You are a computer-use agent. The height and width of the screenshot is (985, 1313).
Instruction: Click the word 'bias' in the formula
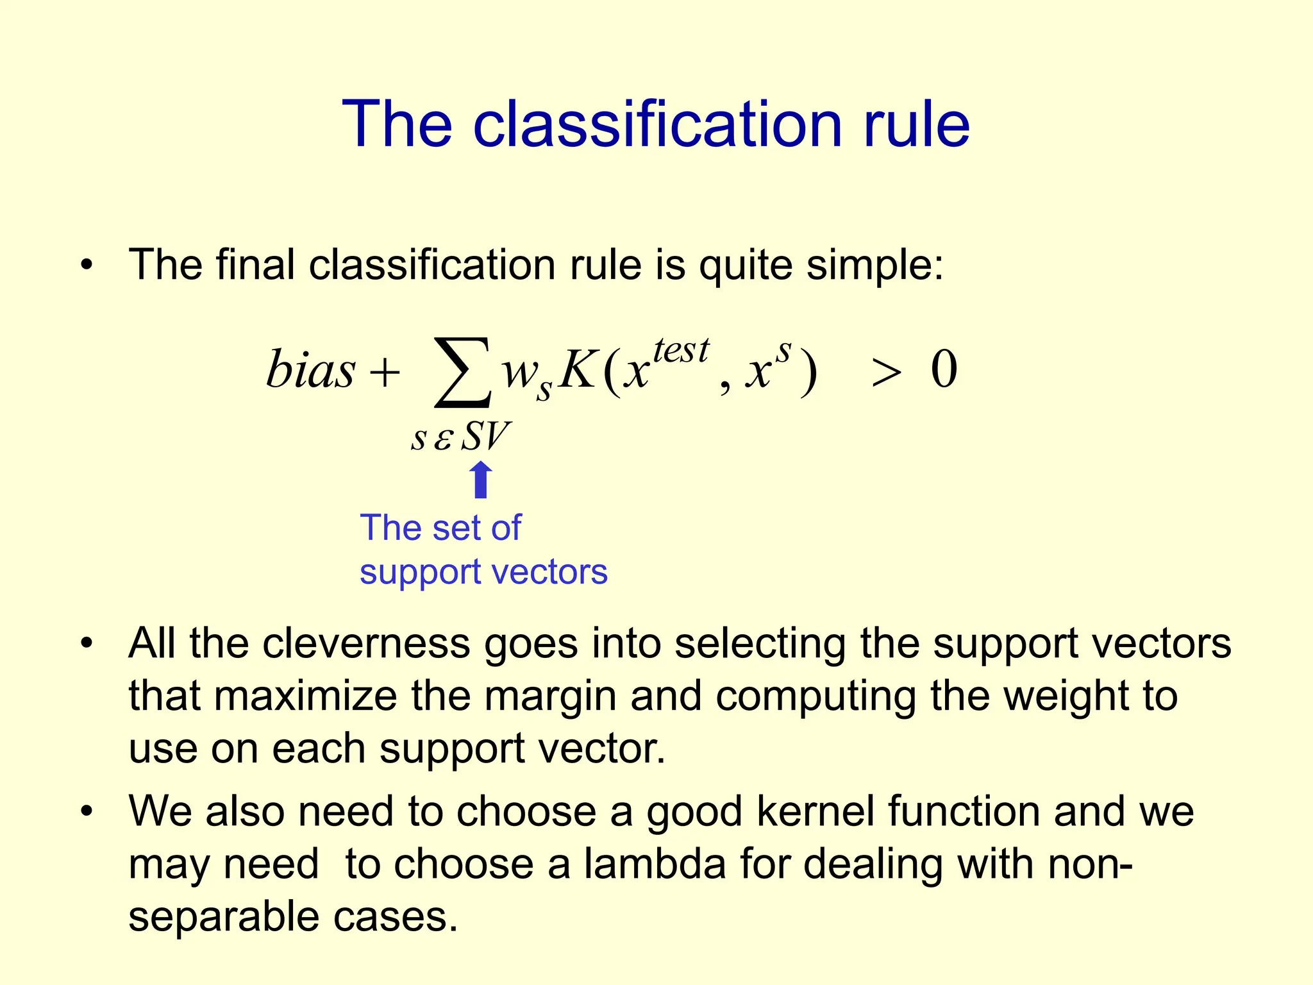coord(310,370)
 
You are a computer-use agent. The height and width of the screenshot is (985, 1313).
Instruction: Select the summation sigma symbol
coord(463,373)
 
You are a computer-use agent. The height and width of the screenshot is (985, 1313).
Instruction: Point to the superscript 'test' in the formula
coord(681,351)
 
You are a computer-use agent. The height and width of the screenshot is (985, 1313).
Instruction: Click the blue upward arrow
coord(481,481)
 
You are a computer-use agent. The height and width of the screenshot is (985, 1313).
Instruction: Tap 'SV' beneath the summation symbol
coord(485,437)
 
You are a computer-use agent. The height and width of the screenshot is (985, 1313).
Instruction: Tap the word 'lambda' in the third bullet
coord(655,864)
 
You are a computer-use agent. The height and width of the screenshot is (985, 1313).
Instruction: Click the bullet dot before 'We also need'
coord(87,811)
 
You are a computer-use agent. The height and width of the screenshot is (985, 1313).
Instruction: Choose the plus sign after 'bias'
coord(385,373)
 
